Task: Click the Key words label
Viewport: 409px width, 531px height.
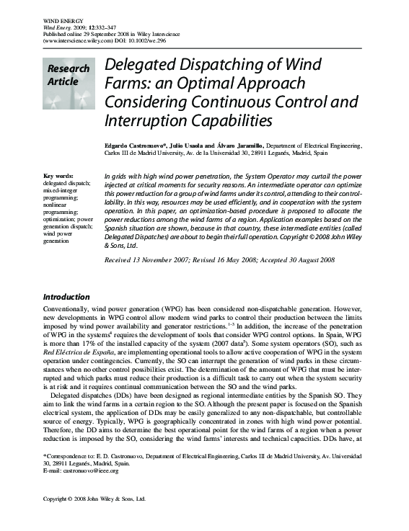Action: point(58,177)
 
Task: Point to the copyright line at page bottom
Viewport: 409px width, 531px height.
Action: point(94,518)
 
